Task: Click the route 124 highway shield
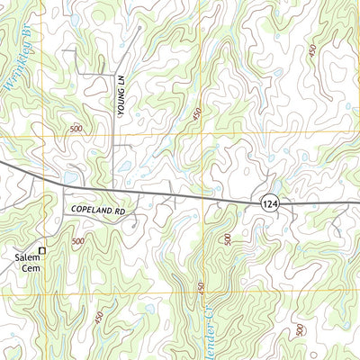tap(272, 205)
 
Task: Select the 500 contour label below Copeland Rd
tap(78, 241)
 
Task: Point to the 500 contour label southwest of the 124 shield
tap(228, 239)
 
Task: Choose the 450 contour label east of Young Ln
tap(197, 115)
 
